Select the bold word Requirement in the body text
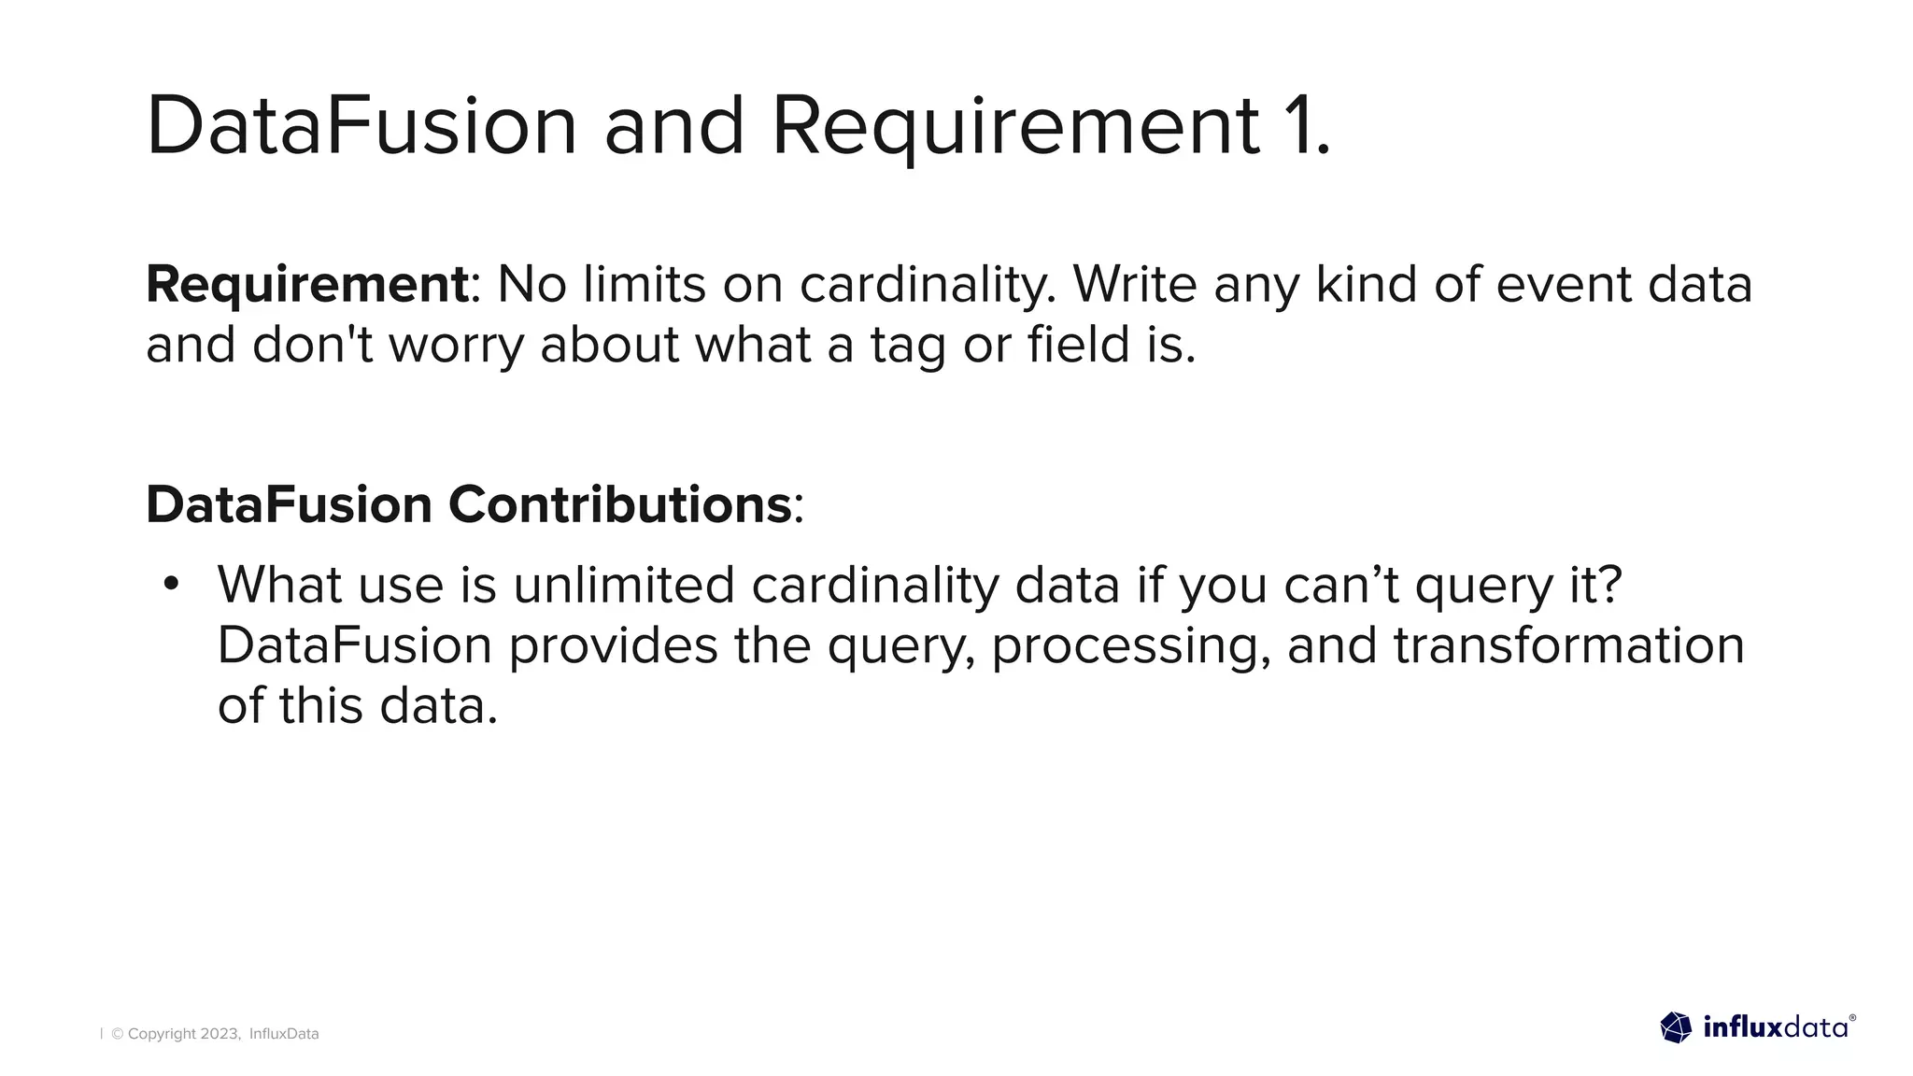click(306, 284)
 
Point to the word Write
click(1134, 284)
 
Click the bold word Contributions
click(620, 504)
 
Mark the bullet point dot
click(170, 584)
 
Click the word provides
click(613, 645)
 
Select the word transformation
click(1568, 645)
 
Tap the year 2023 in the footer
click(220, 1034)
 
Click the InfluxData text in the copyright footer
click(284, 1034)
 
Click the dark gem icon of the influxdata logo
click(1676, 1027)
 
